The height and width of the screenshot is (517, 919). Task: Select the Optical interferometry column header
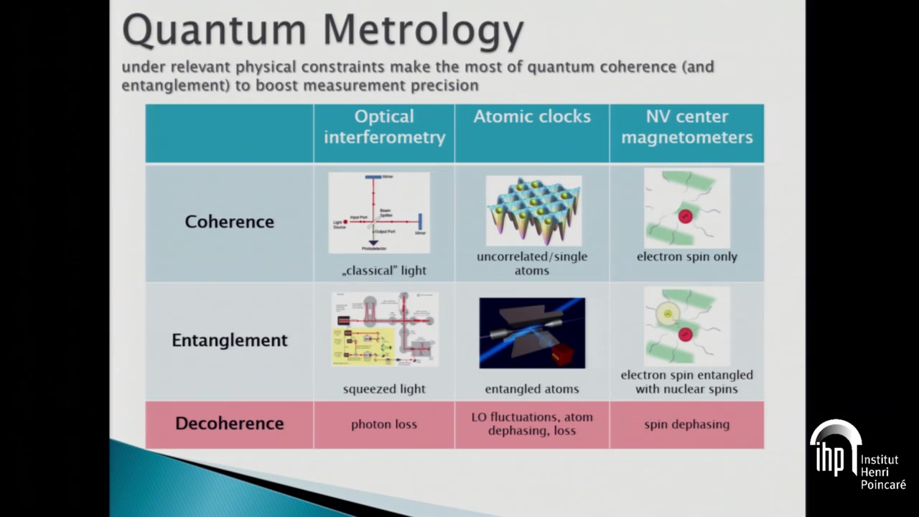(384, 127)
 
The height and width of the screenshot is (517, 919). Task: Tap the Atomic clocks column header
(532, 117)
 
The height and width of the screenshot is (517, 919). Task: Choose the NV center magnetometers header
(686, 127)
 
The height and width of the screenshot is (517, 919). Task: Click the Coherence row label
(229, 222)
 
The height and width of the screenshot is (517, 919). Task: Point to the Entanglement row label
(229, 340)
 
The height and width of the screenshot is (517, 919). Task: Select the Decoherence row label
(229, 424)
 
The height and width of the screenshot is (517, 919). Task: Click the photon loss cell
(384, 424)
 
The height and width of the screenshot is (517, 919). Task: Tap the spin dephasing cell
(686, 424)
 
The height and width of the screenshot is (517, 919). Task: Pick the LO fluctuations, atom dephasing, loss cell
(532, 424)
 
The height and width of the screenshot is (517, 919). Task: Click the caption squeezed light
(384, 389)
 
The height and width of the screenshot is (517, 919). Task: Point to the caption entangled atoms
(532, 389)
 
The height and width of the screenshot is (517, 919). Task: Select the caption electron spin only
(686, 256)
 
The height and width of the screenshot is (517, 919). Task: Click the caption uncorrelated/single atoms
(532, 264)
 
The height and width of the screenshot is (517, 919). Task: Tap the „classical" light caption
(384, 271)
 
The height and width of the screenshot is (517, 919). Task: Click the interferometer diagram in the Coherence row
(379, 213)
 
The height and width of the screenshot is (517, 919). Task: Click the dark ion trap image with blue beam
(532, 333)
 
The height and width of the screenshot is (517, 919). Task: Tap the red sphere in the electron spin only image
(686, 216)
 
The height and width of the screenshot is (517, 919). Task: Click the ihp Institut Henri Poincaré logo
(857, 456)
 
